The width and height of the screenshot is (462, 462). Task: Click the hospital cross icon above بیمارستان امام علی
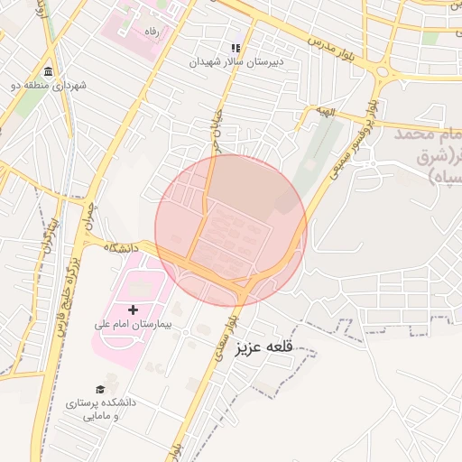pos(134,310)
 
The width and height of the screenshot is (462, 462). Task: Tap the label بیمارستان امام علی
pos(134,323)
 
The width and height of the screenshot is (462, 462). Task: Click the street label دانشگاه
pos(120,245)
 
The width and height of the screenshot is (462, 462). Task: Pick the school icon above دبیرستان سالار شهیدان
pos(236,48)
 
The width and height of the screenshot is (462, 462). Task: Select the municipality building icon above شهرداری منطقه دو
pos(48,72)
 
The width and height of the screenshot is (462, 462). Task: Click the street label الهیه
pos(324,111)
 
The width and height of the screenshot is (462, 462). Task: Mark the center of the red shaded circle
pos(231,230)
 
